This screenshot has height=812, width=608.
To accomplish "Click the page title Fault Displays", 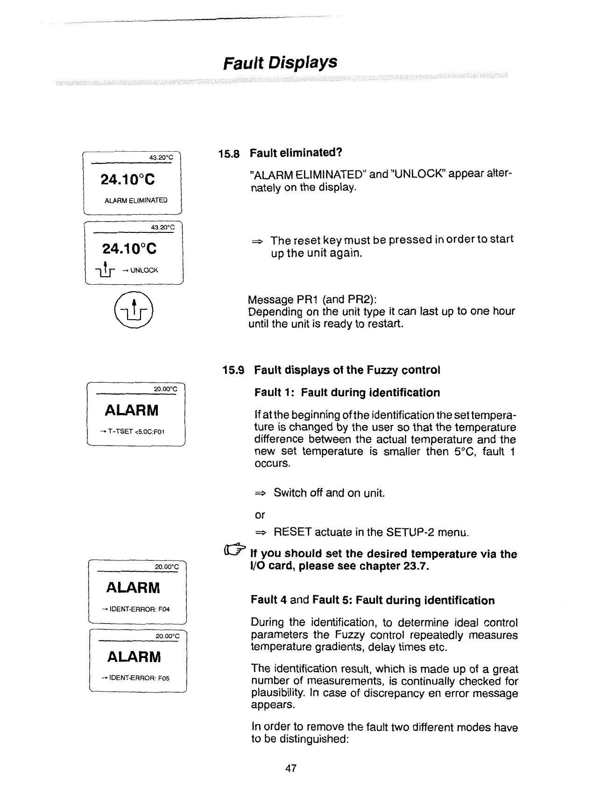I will pos(280,62).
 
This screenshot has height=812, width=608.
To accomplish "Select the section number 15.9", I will pos(233,371).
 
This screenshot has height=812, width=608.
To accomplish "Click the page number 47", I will pos(290,768).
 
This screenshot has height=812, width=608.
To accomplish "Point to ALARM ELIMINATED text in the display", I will pos(136,200).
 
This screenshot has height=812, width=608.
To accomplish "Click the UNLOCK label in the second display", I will pos(144,270).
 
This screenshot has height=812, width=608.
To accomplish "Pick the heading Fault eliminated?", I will pos(296,153).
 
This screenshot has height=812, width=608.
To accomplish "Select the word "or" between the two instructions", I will pos(260,515).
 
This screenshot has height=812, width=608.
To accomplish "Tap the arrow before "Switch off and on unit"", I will pos(260,493).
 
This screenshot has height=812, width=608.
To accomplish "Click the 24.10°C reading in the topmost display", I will pos(128,179).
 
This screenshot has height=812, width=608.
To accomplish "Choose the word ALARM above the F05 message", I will pos(134,657).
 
